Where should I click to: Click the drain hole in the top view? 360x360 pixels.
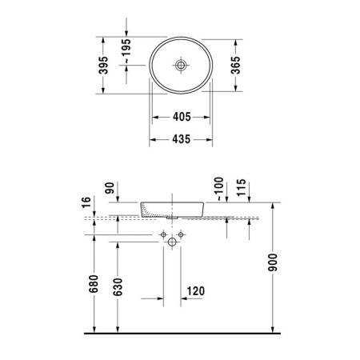[x=181, y=62]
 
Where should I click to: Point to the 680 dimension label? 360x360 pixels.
[x=95, y=285]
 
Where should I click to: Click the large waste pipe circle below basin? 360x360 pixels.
[x=171, y=243]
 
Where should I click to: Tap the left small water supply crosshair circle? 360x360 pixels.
[x=162, y=234]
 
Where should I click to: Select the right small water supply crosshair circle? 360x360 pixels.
[x=180, y=234]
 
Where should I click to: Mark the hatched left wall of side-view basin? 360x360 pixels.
[x=147, y=210]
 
